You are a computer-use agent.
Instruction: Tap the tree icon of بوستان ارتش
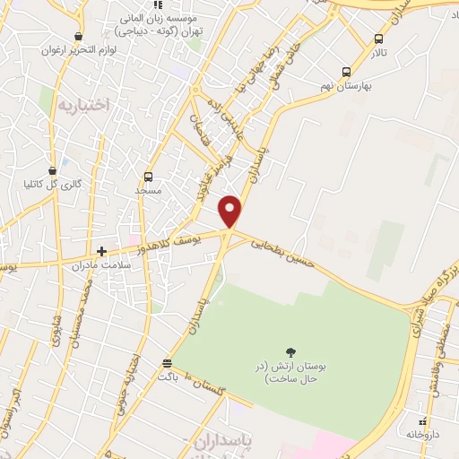(x=290, y=351)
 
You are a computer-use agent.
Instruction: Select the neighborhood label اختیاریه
(x=83, y=105)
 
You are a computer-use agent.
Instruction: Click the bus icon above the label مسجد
(x=148, y=177)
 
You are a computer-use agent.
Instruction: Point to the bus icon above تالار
(x=378, y=39)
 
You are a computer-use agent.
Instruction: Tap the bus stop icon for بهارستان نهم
(x=346, y=72)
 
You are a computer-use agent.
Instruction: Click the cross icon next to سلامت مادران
(x=102, y=251)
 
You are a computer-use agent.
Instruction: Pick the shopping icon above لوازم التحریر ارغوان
(x=79, y=37)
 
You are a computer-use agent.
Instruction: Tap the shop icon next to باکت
(x=167, y=362)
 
